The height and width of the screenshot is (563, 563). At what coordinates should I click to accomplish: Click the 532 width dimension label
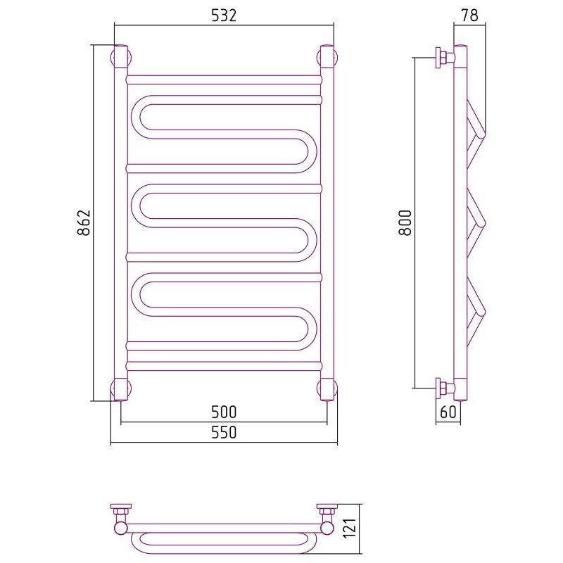[x=224, y=15]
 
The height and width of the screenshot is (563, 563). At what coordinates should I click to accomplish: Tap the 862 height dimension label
[x=84, y=222]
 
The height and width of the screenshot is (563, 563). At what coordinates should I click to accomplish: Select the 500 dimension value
[x=224, y=412]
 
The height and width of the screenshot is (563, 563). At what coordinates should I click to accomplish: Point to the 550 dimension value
[x=224, y=432]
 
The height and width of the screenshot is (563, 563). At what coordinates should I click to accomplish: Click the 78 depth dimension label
[x=469, y=15]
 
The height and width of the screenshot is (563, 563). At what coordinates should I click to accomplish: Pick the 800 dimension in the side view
[x=405, y=222]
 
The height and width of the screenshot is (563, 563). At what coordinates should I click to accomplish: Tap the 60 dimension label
[x=448, y=412]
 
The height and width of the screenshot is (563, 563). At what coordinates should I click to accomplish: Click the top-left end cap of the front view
[x=121, y=57]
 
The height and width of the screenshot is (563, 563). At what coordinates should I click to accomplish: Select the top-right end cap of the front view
[x=327, y=57]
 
